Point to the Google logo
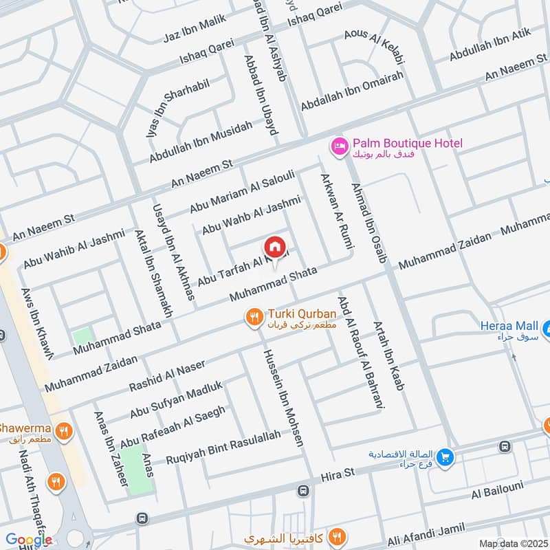tap(29, 540)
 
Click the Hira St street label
tap(337, 475)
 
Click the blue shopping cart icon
tap(445, 456)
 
